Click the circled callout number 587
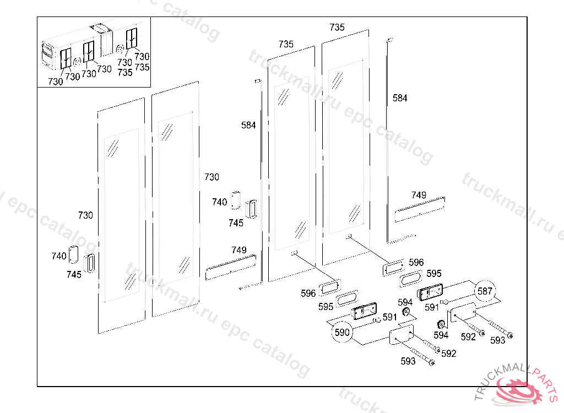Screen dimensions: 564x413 tap(485, 291)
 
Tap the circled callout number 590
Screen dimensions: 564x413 tap(341, 332)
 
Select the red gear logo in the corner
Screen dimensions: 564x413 tap(518, 390)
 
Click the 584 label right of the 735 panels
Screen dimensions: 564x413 tap(400, 98)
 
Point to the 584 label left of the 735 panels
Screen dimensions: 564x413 tap(248, 125)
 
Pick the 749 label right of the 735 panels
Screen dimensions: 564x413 tap(419, 195)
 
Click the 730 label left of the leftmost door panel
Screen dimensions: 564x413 tap(85, 215)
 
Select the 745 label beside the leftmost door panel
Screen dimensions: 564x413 tap(74, 274)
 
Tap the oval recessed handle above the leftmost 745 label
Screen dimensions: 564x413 tap(90, 263)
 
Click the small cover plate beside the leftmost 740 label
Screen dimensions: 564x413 tap(73, 254)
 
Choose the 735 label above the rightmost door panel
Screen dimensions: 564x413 tap(337, 28)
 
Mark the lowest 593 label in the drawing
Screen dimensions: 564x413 tap(408, 361)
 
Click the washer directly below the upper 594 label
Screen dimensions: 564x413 tap(407, 312)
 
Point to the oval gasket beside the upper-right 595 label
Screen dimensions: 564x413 tap(411, 278)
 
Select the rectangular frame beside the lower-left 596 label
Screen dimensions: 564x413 tap(329, 287)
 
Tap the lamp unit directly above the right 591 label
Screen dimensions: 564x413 tap(430, 292)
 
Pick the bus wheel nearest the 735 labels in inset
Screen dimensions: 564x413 tap(120, 48)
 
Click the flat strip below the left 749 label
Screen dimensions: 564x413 tap(231, 267)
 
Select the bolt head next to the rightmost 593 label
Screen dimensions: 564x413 tap(509, 336)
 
